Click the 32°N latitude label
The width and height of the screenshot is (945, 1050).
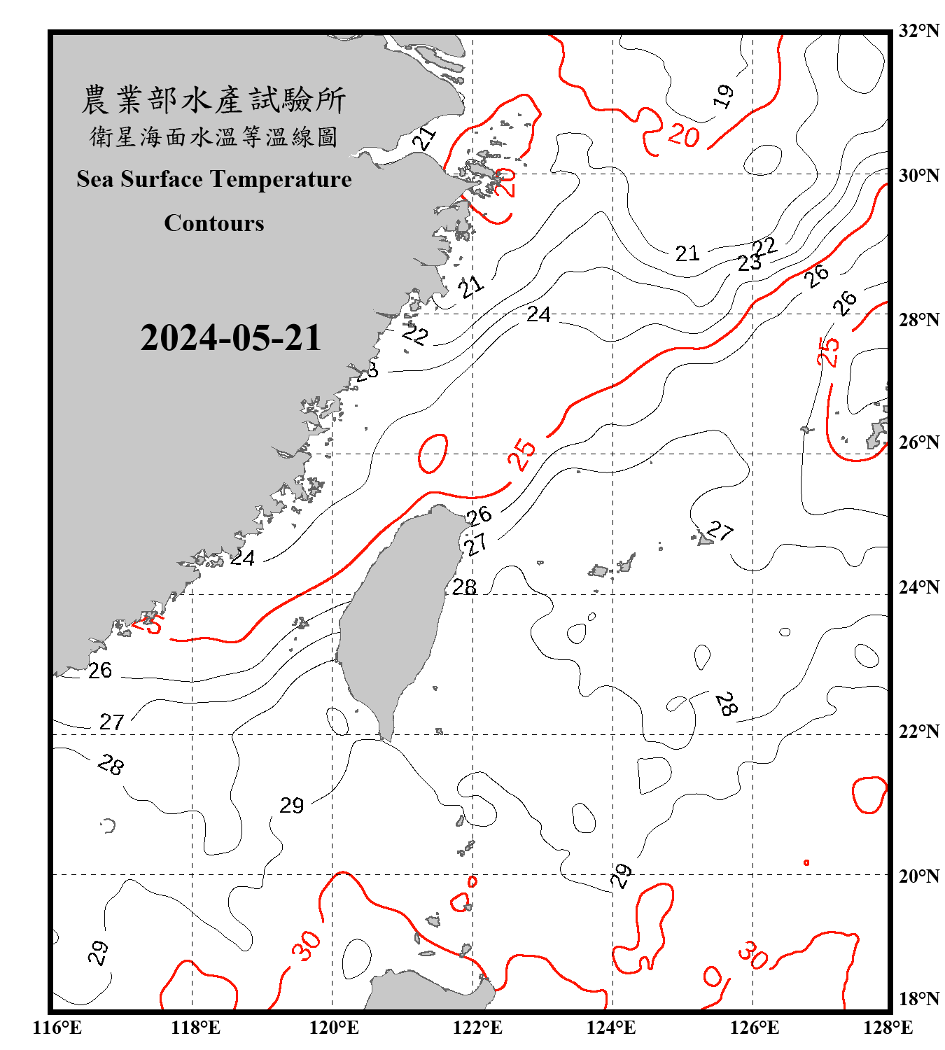click(918, 31)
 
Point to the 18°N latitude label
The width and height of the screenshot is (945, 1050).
click(918, 998)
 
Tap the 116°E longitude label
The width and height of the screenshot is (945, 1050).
click(57, 1028)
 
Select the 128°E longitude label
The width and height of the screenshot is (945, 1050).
click(888, 1028)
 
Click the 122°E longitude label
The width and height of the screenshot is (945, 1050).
click(477, 1028)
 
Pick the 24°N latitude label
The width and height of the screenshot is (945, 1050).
click(918, 587)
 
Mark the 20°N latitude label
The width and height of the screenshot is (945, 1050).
click(918, 876)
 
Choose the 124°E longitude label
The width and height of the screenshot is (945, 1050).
click(611, 1028)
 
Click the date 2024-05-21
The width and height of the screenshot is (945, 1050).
click(230, 338)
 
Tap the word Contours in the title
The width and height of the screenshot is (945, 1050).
click(214, 223)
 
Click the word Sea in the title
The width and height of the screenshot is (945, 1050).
click(94, 179)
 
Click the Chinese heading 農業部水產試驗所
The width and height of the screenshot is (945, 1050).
click(213, 99)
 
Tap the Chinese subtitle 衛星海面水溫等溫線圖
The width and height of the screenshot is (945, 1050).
click(213, 136)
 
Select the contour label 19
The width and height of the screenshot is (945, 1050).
click(724, 96)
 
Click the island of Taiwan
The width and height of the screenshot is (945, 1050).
click(395, 616)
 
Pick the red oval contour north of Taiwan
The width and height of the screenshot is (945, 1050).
click(433, 453)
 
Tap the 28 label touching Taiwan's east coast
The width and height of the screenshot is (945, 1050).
click(464, 587)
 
